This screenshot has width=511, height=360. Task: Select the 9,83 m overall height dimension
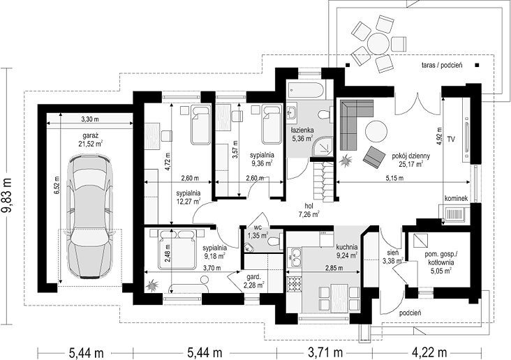[7, 196]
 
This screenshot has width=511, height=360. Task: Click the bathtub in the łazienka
[306, 91]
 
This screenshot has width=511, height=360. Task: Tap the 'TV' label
[451, 140]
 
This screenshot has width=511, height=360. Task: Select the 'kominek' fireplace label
[457, 198]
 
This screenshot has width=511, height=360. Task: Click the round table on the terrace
[378, 43]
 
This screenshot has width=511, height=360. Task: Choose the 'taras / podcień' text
[442, 65]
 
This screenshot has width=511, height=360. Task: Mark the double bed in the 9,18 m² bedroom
[177, 249]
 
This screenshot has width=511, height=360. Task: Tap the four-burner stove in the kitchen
[295, 284]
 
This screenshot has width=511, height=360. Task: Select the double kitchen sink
[294, 257]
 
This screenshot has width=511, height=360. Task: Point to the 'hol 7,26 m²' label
[309, 210]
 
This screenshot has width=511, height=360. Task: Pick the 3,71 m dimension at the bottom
[325, 352]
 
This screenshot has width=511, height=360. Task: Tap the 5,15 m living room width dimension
[394, 178]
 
